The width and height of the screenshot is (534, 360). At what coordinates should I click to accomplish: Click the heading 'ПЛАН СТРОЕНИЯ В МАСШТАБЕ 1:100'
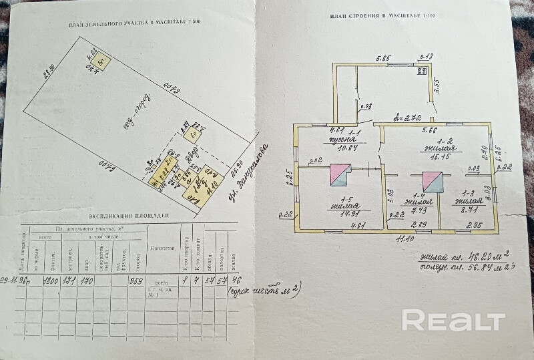[376, 15]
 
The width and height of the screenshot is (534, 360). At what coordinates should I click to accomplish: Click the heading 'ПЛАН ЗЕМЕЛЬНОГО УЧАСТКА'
[134, 25]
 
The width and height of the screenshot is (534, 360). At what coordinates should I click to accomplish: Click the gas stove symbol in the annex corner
[423, 70]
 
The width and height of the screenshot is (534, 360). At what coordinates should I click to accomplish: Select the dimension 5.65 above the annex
[382, 58]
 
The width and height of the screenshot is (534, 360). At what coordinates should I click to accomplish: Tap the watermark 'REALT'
[452, 321]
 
